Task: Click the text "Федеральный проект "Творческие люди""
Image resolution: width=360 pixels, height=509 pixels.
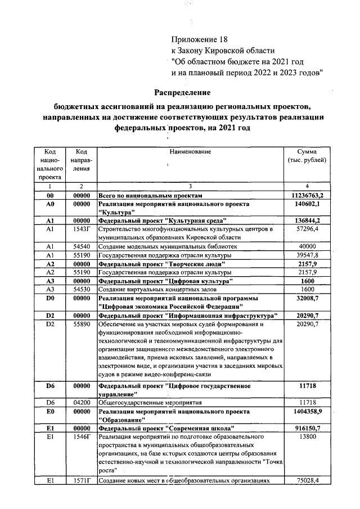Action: [162, 263]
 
